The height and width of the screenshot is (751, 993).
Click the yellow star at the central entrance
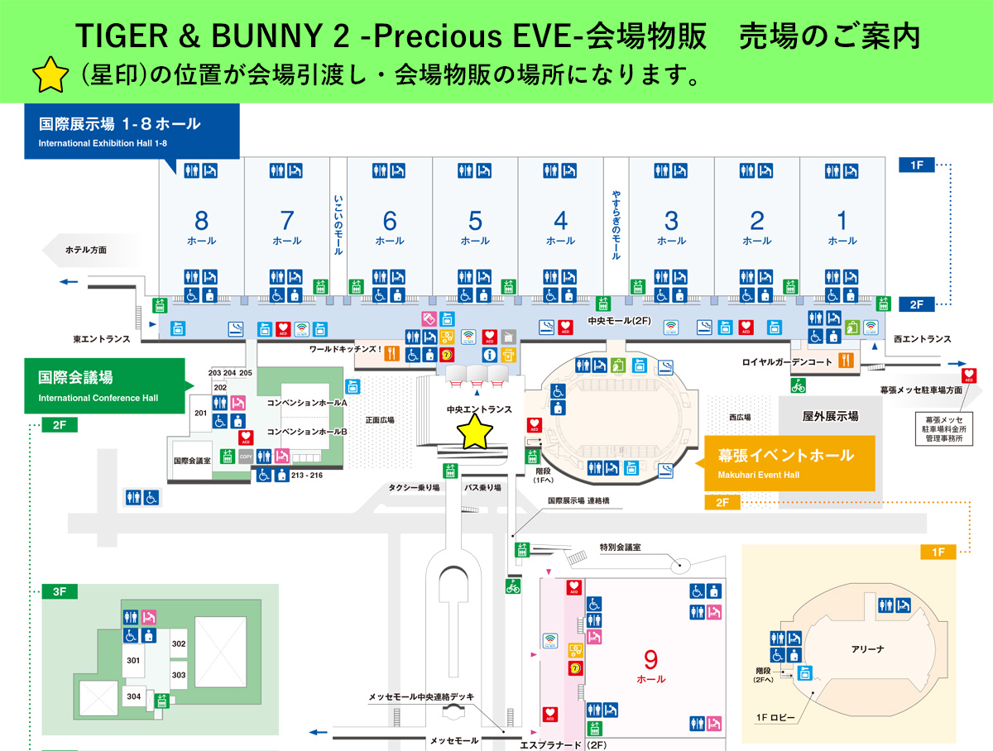click(x=476, y=432)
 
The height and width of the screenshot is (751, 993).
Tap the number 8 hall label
click(x=201, y=221)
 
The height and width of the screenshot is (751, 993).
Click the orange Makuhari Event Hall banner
click(x=785, y=462)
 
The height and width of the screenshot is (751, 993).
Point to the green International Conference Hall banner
click(x=104, y=385)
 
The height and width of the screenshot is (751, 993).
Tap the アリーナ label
click(x=867, y=649)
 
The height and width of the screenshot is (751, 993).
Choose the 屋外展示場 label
click(x=830, y=416)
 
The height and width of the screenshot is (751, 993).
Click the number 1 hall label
click(x=842, y=221)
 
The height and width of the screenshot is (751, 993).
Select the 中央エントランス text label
click(x=479, y=409)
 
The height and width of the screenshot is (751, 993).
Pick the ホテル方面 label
click(x=86, y=249)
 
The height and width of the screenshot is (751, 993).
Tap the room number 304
click(x=134, y=696)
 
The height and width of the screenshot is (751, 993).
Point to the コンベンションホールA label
click(x=306, y=403)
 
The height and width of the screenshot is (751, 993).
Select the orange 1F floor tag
click(x=938, y=552)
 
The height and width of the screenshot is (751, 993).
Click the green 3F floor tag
click(x=60, y=591)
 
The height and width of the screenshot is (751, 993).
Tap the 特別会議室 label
click(x=621, y=548)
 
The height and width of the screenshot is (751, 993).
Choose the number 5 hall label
click(x=475, y=221)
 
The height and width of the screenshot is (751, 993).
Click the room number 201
click(x=200, y=412)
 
